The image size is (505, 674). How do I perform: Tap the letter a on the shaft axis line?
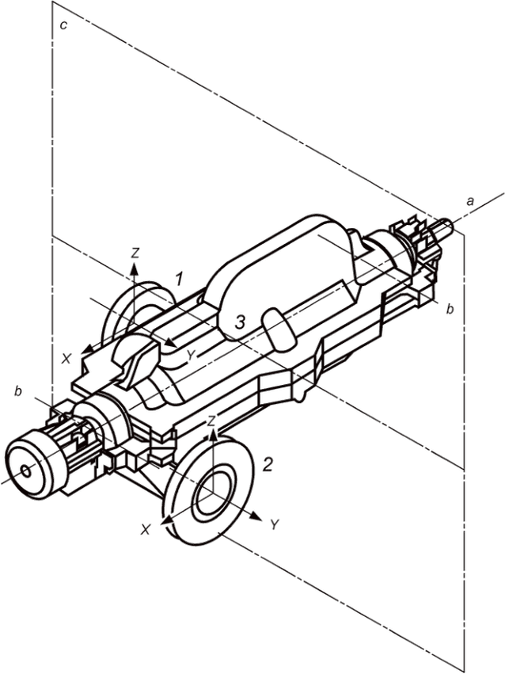471,200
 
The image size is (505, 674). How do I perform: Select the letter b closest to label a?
450,309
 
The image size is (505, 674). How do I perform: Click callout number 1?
179,280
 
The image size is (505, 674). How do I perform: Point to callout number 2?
267,464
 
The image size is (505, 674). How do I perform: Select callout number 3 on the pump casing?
241,322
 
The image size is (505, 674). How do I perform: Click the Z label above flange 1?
135,253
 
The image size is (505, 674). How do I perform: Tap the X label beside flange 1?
66,359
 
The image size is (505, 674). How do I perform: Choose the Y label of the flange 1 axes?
192,355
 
